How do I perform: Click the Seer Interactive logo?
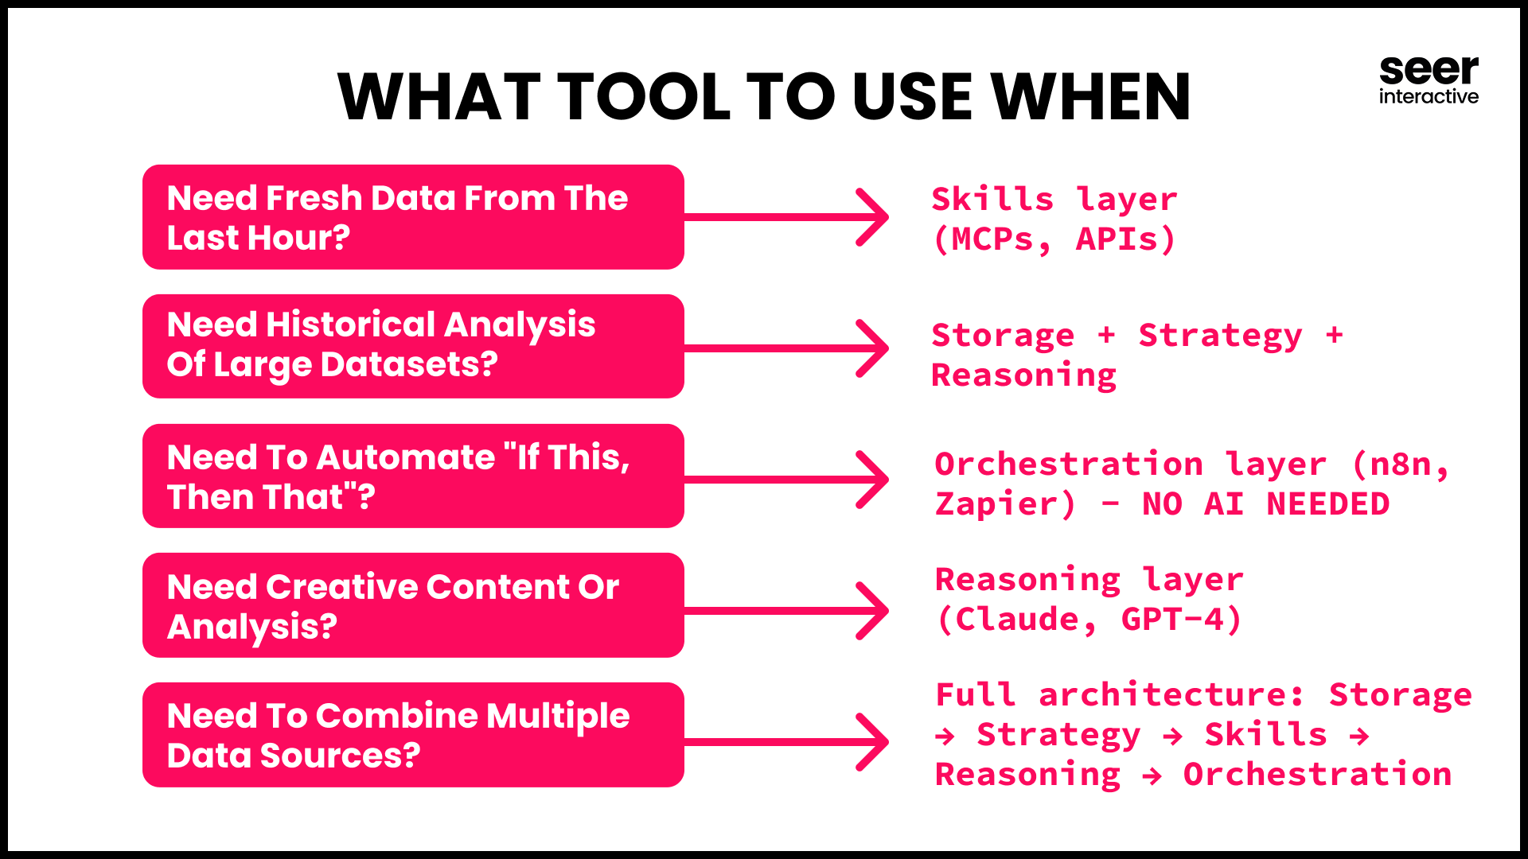pyautogui.click(x=1429, y=80)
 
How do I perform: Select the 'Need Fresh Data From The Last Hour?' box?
pyautogui.click(x=413, y=217)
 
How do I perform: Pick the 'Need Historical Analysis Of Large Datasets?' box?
pyautogui.click(x=413, y=347)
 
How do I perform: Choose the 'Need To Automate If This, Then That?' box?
pyautogui.click(x=413, y=476)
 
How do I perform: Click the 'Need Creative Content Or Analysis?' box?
pyautogui.click(x=413, y=605)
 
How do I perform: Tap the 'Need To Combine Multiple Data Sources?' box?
pyautogui.click(x=413, y=735)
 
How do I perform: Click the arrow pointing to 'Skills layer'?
pyautogui.click(x=786, y=217)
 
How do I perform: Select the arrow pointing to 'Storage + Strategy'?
pyautogui.click(x=786, y=348)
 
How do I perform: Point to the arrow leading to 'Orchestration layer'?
pyautogui.click(x=786, y=480)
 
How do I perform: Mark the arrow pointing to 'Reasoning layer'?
pyautogui.click(x=786, y=611)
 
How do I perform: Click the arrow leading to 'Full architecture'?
pyautogui.click(x=786, y=742)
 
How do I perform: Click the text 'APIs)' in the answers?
pyautogui.click(x=1126, y=239)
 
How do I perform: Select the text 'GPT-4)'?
pyautogui.click(x=1182, y=620)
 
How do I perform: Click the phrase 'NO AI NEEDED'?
pyautogui.click(x=1265, y=504)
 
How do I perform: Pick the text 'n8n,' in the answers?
pyautogui.click(x=1401, y=464)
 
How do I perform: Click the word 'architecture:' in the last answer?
pyautogui.click(x=1171, y=695)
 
